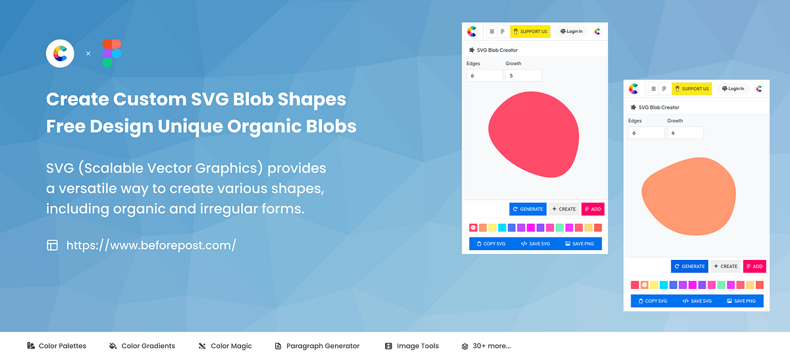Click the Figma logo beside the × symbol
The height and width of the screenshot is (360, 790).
(x=112, y=53)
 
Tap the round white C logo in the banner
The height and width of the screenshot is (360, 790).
(x=60, y=53)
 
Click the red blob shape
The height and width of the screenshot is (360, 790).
(x=534, y=134)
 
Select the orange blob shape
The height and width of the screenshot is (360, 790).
(x=689, y=196)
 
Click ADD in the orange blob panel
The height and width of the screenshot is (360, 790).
(x=754, y=266)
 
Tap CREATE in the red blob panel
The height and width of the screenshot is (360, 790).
(x=564, y=209)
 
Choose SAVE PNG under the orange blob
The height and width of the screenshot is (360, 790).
(x=741, y=301)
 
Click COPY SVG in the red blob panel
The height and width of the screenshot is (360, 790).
(x=491, y=244)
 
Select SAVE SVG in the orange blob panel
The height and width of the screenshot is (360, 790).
(x=697, y=301)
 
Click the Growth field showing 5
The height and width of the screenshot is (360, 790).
(x=524, y=76)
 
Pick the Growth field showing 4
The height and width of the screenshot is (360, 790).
(x=685, y=133)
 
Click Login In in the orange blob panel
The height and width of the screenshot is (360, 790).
(x=733, y=88)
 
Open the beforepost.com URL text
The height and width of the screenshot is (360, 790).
(x=151, y=245)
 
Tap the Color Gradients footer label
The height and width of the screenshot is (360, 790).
(x=148, y=346)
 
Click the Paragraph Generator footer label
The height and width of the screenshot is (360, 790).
(x=323, y=346)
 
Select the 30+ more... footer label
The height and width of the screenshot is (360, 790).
(x=492, y=346)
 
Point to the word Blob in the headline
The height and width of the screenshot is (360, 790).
(x=253, y=99)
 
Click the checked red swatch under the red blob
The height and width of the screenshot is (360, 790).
(x=473, y=228)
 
